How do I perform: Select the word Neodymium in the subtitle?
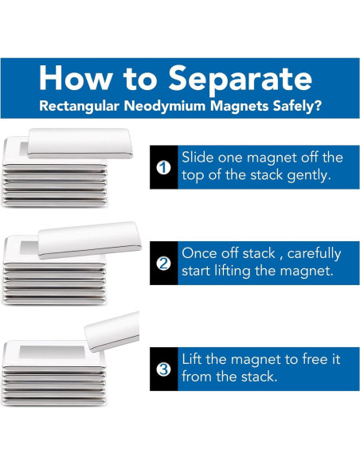pos(165,106)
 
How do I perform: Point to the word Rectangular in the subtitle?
pos(79,106)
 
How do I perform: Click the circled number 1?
pos(163,168)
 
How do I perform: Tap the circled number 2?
pos(163,264)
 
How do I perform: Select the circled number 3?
pos(163,369)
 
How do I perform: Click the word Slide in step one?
pos(198,157)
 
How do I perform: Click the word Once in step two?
pos(201,253)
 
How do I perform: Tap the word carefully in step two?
pos(314,254)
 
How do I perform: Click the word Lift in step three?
pos(191,359)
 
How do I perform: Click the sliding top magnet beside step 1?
pos(80,143)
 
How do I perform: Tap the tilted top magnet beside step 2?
pos(89,240)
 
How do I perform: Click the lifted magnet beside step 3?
pos(112,331)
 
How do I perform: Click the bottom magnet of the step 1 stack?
pos(55,203)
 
